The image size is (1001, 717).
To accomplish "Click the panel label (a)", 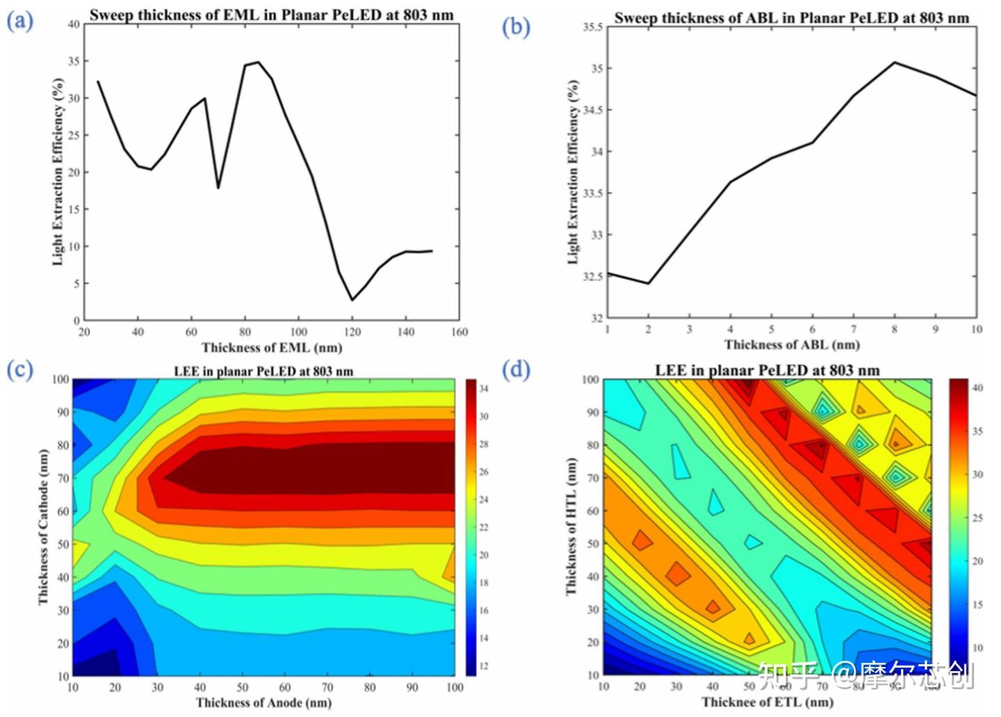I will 19,22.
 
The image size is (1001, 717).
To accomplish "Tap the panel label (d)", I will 516,369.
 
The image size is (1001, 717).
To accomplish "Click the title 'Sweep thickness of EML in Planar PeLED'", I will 271,15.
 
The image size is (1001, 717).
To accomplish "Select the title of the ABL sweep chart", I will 791,18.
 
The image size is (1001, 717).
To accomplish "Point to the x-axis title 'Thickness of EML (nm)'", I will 272,348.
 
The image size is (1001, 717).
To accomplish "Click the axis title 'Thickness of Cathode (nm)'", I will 44,526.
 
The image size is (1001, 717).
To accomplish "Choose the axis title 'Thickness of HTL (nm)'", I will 571,526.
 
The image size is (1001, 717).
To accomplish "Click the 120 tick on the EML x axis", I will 352,332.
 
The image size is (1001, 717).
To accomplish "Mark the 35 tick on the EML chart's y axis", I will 74,61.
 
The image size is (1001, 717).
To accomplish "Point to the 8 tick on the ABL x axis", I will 895,330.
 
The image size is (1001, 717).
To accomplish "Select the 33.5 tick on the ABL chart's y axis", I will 592,193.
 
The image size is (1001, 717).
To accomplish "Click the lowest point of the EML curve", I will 352,300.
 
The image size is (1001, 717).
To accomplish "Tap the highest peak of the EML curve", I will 258,62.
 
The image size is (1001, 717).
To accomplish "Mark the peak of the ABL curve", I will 895,63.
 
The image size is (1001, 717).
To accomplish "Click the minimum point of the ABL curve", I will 649,284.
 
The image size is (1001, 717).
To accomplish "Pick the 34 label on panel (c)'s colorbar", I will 484,389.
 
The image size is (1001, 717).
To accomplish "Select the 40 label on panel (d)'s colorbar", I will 977,388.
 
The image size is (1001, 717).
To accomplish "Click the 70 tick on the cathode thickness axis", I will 63,478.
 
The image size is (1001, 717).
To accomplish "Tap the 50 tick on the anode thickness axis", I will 243,688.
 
